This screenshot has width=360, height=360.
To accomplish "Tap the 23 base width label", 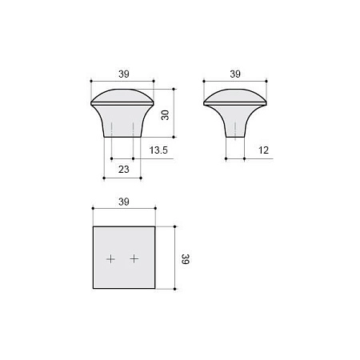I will (x=123, y=169).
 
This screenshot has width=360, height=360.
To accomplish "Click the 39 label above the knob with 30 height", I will (x=124, y=74).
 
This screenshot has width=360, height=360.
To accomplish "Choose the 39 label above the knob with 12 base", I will (x=234, y=74).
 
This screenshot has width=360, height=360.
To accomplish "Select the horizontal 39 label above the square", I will (x=124, y=202).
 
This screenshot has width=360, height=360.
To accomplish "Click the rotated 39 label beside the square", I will (x=185, y=258).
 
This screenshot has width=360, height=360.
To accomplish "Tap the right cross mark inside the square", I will (x=134, y=258).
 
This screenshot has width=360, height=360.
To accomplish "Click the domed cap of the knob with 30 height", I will (x=122, y=95).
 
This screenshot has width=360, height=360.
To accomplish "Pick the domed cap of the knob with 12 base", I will (x=234, y=97).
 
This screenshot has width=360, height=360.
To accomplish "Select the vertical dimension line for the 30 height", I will (x=173, y=114).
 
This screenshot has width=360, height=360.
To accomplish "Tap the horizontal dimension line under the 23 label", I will (x=122, y=177).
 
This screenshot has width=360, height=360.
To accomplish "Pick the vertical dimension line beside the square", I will (x=173, y=258).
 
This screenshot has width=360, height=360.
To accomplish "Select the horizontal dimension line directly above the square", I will (x=124, y=210).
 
